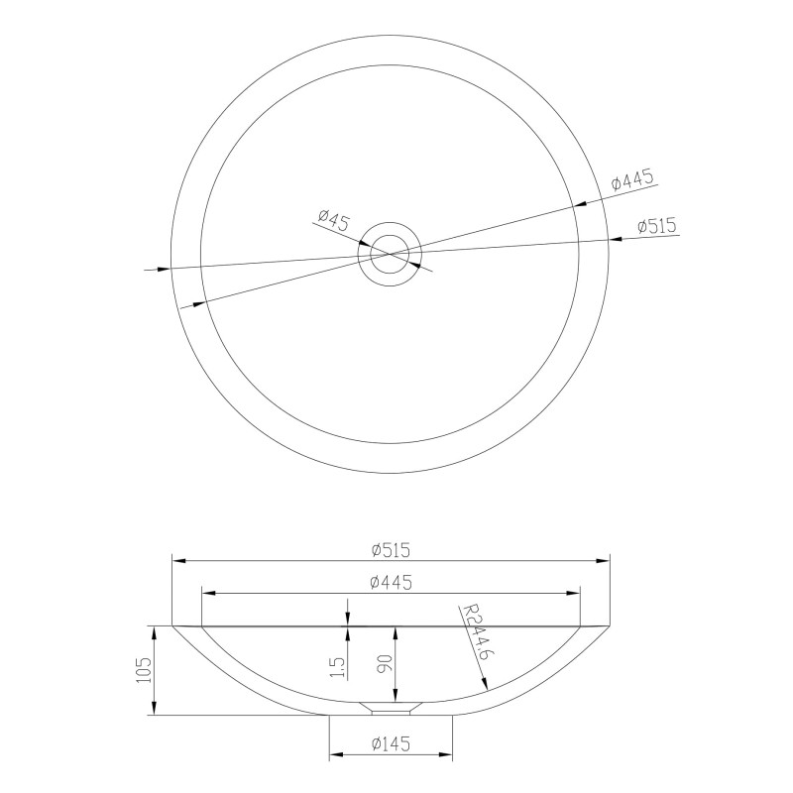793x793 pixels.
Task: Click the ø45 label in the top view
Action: (334, 220)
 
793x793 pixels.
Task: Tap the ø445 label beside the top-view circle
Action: (632, 179)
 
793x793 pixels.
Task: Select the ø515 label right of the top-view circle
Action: (656, 226)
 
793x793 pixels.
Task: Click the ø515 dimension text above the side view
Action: (391, 550)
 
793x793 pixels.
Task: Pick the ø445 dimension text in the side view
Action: (391, 582)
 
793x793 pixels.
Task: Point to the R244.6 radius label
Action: (477, 633)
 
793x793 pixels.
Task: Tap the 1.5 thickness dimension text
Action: (339, 667)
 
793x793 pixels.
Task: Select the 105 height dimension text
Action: (144, 670)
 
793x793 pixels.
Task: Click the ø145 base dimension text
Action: (391, 743)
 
